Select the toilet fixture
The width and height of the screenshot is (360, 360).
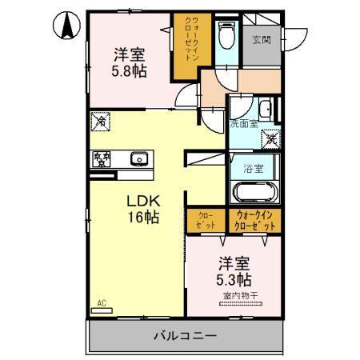coord(226,35)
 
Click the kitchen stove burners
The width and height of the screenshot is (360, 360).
coord(102,158)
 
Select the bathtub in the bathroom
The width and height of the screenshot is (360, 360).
coord(254,194)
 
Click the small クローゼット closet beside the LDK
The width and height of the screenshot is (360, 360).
coord(206,222)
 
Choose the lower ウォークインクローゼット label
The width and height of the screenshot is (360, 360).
coord(256,222)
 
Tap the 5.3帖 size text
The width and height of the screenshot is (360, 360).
coord(234,280)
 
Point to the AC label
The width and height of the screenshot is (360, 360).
coord(102,303)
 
